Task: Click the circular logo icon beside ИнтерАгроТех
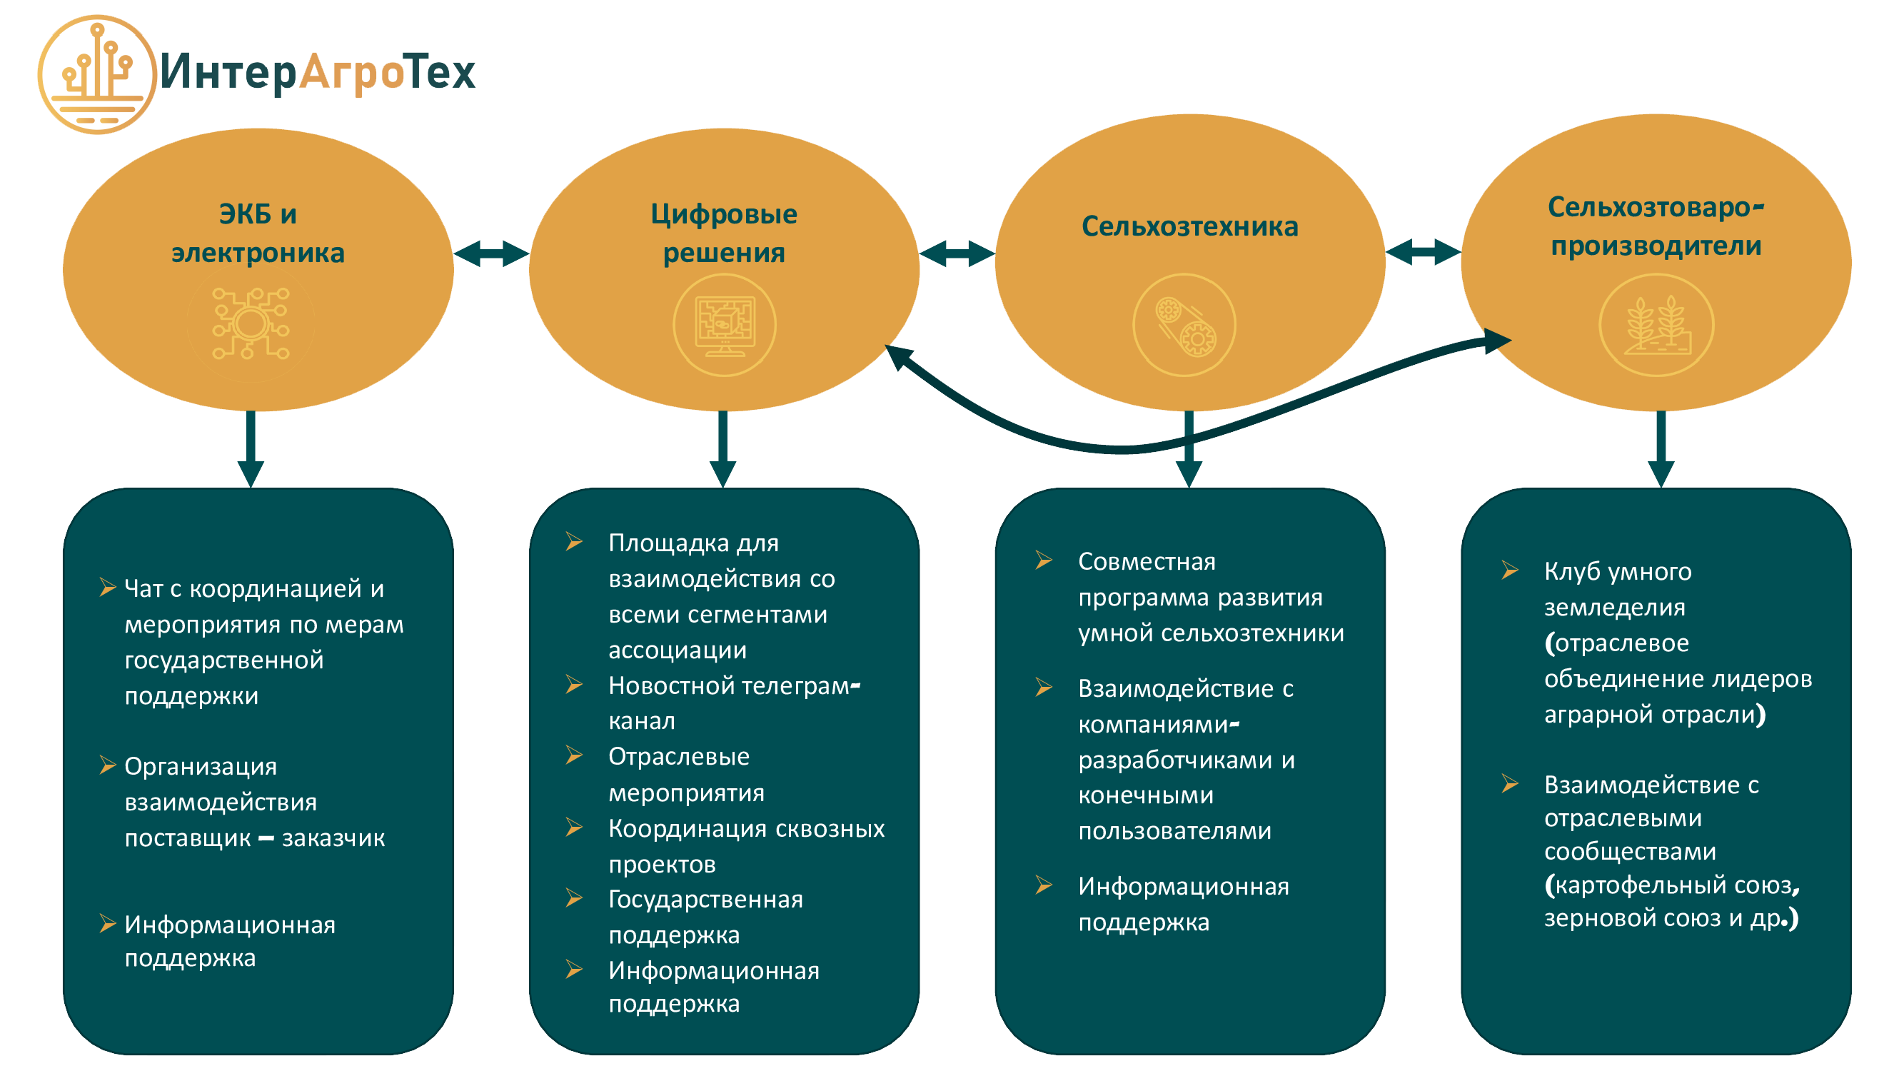[96, 74]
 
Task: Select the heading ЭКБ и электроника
[258, 233]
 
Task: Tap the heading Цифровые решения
[724, 233]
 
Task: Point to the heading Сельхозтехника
[1189, 226]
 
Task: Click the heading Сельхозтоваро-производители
[1656, 226]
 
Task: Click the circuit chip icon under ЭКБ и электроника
[251, 323]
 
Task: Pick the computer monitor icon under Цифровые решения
[725, 325]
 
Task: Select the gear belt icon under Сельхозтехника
[1184, 325]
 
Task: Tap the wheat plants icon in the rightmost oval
[1656, 325]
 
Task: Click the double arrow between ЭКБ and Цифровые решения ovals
[491, 253]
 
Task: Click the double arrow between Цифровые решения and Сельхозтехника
[957, 253]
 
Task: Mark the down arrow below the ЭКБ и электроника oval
[251, 451]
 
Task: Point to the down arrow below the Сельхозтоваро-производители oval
[1661, 451]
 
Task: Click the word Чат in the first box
[143, 589]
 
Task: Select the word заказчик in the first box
[333, 838]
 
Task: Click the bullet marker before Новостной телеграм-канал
[574, 685]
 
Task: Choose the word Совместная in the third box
[1147, 562]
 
